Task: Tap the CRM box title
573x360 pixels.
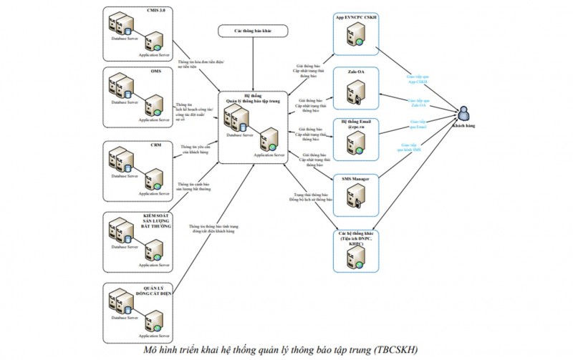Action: (155, 145)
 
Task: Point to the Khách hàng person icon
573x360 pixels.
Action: (466, 114)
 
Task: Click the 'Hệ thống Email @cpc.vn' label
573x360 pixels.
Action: (356, 126)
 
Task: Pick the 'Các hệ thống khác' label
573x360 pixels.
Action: (356, 239)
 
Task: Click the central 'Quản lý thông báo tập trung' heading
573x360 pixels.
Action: (252, 99)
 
